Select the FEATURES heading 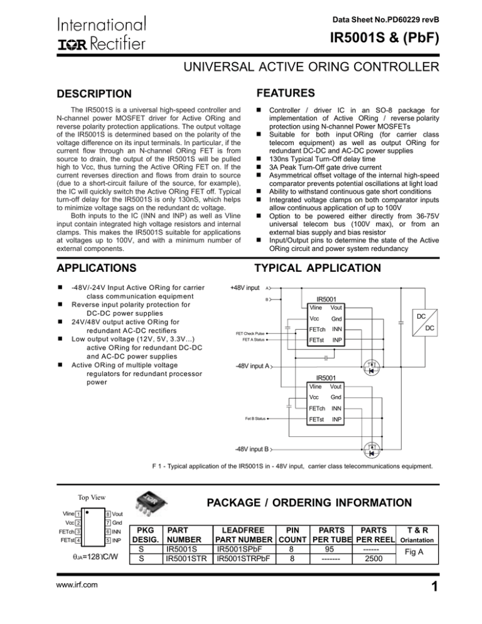pyautogui.click(x=287, y=92)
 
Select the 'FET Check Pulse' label pyautogui.click(x=250, y=333)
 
